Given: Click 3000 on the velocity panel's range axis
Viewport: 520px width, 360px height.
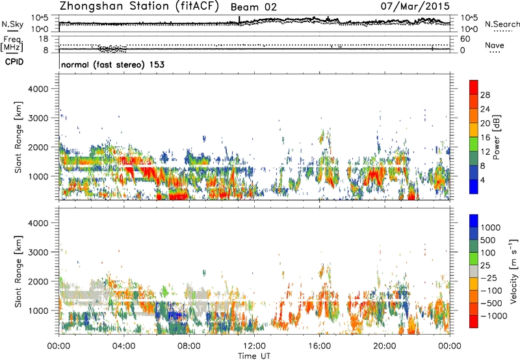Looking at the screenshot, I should click(42, 251).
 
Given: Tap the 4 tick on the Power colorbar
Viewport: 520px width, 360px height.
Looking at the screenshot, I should click(484, 179).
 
